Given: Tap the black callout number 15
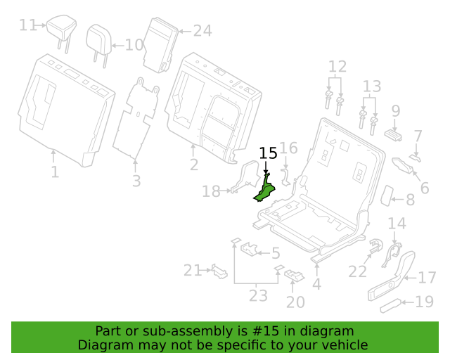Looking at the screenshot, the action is [268, 153].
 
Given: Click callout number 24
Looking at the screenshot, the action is [202, 31].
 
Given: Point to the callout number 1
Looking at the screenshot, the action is [55, 172].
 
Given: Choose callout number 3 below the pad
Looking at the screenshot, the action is [136, 181].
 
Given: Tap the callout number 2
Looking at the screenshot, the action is [194, 165].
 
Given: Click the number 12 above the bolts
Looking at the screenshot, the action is [337, 66].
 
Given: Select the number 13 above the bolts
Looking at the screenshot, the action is [372, 86].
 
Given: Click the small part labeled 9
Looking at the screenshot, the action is [393, 135].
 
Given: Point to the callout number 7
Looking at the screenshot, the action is [418, 136].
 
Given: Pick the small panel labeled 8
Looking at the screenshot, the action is [387, 195].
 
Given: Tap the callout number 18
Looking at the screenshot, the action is [211, 191].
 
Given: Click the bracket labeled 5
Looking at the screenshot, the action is [249, 249].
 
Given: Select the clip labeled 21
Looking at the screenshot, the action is [219, 271].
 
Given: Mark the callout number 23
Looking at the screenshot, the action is [258, 295].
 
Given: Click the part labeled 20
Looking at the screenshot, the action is [294, 274].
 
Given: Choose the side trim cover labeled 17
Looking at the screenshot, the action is [392, 276].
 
